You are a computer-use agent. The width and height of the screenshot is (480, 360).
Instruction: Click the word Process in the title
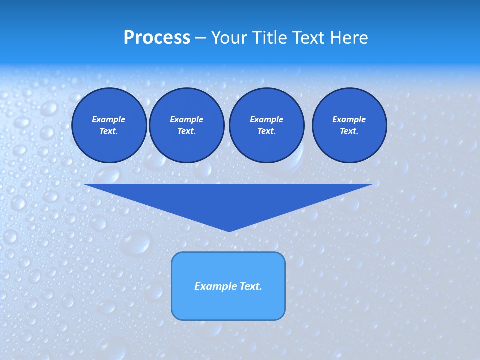click(157, 38)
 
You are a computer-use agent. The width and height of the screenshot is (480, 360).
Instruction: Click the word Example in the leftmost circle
click(109, 119)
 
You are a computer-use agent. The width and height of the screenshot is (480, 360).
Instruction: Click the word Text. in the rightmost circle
click(349, 131)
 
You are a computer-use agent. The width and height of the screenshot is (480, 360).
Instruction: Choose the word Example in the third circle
click(266, 119)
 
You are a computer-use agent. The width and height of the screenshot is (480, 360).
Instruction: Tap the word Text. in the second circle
click(186, 131)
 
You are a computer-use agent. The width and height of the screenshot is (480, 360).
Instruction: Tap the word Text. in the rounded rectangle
click(251, 286)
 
